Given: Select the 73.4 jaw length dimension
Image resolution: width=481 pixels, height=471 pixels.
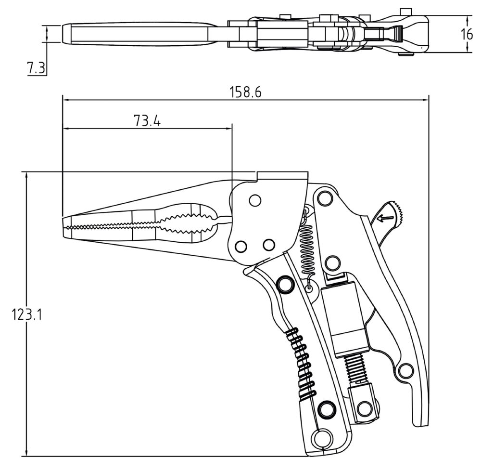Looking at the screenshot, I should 147,121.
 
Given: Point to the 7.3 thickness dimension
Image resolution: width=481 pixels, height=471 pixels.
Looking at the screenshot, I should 36,68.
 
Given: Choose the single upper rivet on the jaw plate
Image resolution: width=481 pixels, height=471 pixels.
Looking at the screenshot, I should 254,200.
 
